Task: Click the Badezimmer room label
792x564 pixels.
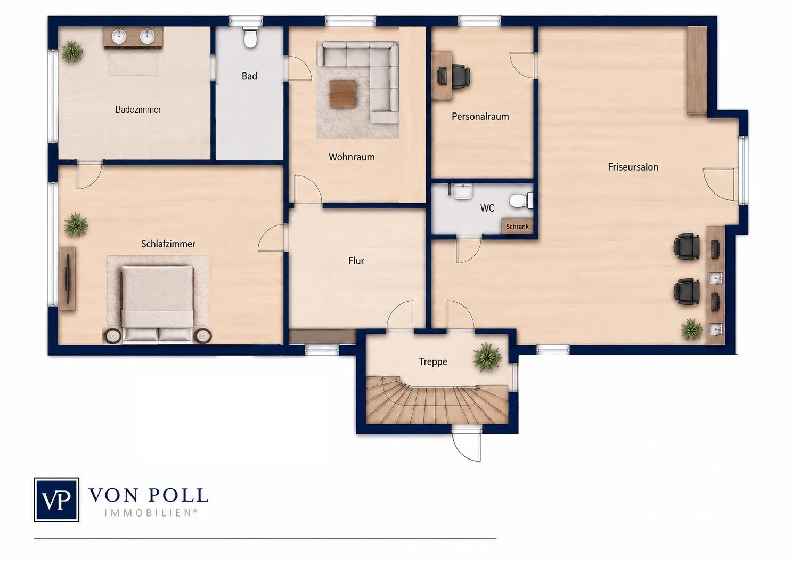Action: coord(138,110)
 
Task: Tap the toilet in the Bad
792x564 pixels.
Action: coord(250,38)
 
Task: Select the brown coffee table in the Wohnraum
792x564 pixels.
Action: coord(342,94)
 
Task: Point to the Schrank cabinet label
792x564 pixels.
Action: coord(517,227)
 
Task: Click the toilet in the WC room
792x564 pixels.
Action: coord(521,200)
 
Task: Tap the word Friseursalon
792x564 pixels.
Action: coord(633,167)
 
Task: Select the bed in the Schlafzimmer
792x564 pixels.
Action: coord(157,304)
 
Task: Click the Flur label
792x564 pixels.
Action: coord(356,261)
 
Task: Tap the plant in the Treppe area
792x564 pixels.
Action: coord(487,357)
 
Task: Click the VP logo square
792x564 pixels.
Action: coord(56,499)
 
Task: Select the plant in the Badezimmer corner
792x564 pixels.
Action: coord(72,52)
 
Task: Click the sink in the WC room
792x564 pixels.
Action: coord(463,191)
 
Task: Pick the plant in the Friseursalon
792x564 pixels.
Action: coord(691,329)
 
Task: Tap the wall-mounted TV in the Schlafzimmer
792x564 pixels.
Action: coord(68,279)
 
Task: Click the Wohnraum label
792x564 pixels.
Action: coord(352,157)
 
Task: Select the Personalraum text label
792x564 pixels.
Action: coord(480,116)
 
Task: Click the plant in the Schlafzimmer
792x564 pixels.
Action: coord(76,225)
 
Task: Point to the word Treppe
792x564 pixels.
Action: coord(433,361)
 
